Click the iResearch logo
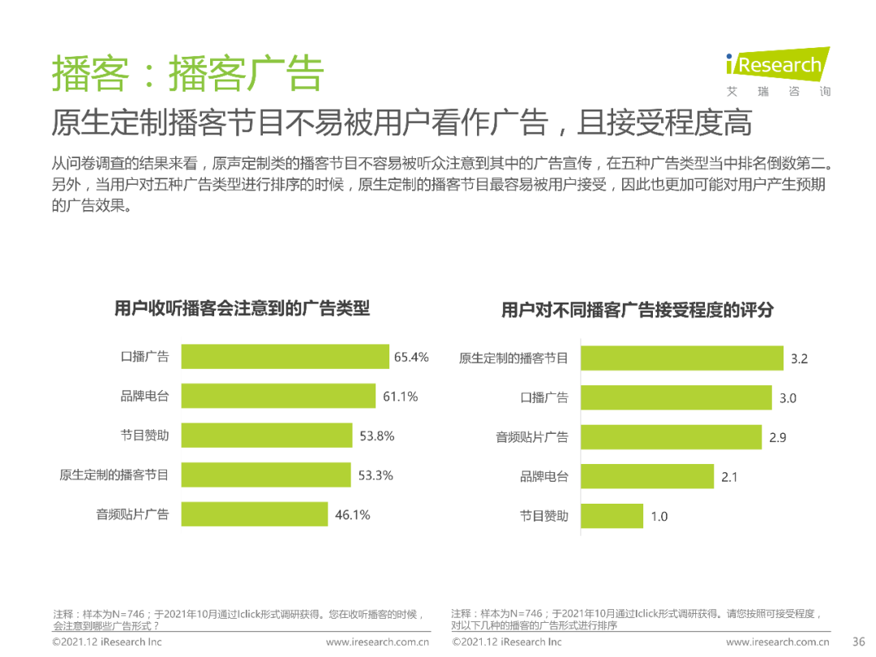777,65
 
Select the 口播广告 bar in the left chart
285,357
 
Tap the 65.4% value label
411,357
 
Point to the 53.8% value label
377,436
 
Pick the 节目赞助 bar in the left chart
267,436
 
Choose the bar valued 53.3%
266,474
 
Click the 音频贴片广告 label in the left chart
132,514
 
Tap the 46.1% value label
352,515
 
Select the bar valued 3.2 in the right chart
682,358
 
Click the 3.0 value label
788,397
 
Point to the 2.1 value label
729,477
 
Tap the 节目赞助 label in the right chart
544,516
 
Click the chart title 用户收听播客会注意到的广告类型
242,308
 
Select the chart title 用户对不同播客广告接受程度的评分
638,310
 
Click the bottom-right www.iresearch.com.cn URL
777,642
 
